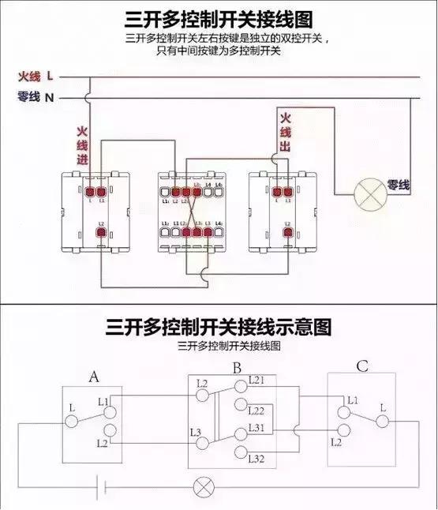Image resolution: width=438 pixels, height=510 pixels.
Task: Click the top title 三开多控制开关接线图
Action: coord(218,17)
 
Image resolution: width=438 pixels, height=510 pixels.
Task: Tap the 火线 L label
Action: coord(36,77)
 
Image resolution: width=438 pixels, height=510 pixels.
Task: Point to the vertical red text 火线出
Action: coord(286,133)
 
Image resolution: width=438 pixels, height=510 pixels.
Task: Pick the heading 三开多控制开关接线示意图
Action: coord(219,326)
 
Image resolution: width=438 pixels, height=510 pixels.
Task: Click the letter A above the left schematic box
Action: coord(94,378)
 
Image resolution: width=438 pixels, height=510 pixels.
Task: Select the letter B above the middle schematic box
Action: coord(236,367)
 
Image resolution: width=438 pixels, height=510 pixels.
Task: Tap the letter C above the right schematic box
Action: coord(361,366)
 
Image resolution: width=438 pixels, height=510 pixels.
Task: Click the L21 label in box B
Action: coord(256,381)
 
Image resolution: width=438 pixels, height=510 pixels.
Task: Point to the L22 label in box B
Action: coord(256,411)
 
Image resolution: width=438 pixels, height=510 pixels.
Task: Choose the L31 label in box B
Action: coord(256,429)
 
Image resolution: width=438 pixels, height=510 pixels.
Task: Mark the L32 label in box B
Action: coord(256,459)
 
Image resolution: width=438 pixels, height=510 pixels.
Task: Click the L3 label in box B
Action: coord(197,431)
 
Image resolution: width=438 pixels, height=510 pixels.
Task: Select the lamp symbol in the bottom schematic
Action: coord(203,486)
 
